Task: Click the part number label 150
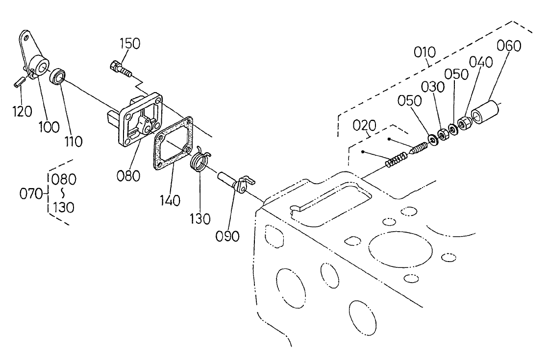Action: pos(130,44)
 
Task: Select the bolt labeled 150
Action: pos(120,69)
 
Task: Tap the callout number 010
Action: pos(424,52)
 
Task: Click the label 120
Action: pos(23,111)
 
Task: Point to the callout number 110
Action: pos(72,142)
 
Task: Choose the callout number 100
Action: pos(50,127)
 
